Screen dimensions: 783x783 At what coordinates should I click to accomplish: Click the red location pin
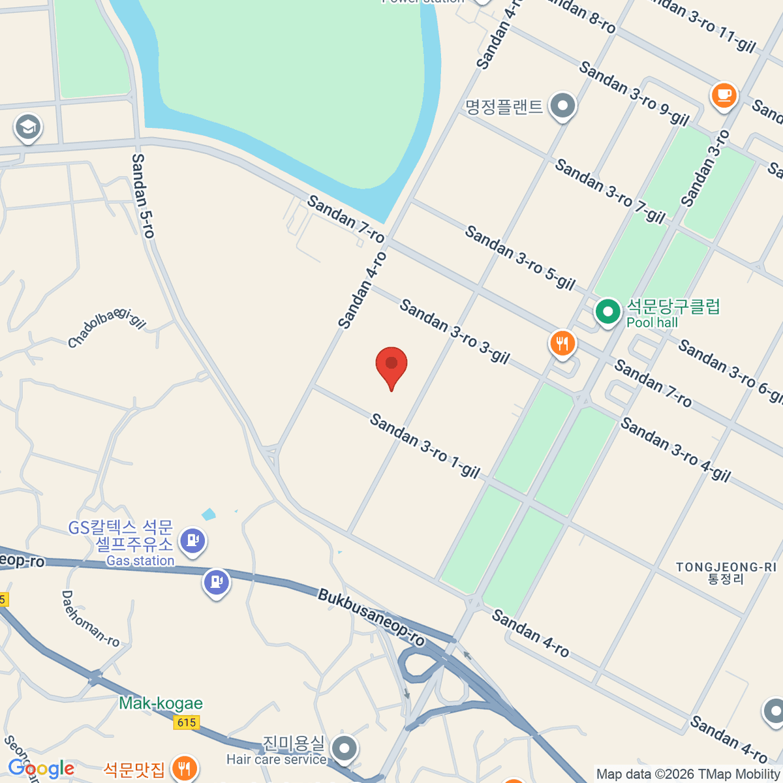(x=391, y=365)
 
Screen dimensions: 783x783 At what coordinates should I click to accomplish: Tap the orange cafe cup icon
(x=723, y=95)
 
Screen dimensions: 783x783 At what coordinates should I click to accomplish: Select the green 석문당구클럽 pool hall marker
(x=607, y=312)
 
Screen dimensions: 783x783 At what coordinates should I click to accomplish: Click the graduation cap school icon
(x=27, y=128)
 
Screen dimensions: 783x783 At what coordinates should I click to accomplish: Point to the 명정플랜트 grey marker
(x=562, y=106)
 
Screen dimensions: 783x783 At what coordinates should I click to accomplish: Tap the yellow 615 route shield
(x=187, y=722)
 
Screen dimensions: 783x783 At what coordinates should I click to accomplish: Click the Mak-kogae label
(x=161, y=703)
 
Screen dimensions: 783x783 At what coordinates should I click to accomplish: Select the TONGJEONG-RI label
(x=726, y=572)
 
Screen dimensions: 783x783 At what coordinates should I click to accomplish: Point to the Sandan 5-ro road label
(x=143, y=195)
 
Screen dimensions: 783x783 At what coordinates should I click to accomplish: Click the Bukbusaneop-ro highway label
(x=371, y=617)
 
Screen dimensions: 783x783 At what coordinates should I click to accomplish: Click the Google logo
(x=41, y=769)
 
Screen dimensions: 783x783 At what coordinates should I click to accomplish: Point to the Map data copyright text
(x=688, y=774)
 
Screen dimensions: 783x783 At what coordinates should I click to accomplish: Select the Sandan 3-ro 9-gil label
(x=634, y=93)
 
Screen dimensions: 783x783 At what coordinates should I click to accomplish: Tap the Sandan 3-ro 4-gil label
(x=675, y=450)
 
